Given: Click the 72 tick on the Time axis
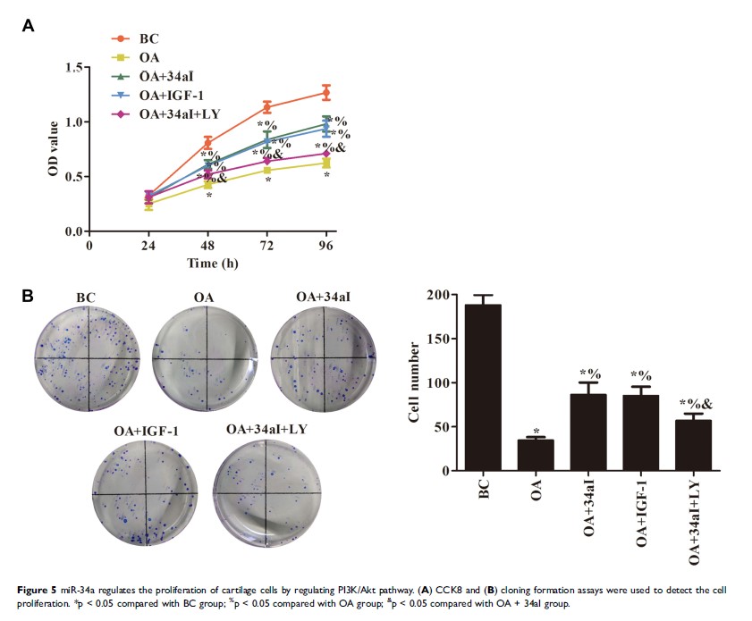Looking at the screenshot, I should pos(266,244).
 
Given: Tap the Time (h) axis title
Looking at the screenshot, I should pos(212,263).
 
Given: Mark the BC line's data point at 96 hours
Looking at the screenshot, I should pos(326,92).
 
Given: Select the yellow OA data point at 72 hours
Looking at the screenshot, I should pos(266,170).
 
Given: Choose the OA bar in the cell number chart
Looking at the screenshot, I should pos(536,455).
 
